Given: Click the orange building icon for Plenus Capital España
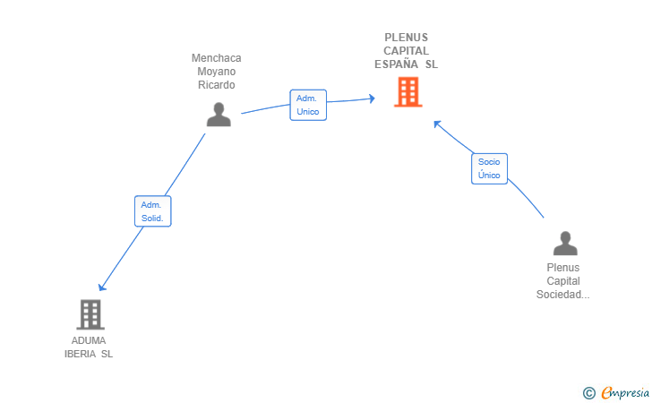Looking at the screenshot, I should pos(407,91).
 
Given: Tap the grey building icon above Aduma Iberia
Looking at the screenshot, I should pos(90,313).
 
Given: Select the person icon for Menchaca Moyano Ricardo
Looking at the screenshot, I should pos(218,114).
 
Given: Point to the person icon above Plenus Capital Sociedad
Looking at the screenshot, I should pos(564,244).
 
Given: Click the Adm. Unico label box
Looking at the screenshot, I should pos(308,105).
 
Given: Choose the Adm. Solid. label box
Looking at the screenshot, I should pos(152,211).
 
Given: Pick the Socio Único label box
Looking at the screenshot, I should pos(489,168).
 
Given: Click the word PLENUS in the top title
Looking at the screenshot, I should pos(407,38).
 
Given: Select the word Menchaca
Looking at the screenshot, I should pos(216,58).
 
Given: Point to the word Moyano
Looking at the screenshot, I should pos(216,72).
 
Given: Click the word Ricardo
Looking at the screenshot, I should pos(216,85).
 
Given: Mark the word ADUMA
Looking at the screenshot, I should pos(89,340).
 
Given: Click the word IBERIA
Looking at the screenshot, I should pos(80,354).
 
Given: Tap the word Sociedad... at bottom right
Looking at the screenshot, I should pos(562,295).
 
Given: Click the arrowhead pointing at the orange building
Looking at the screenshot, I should pos(371,98).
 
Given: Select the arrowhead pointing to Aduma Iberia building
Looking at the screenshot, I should pos(102,287).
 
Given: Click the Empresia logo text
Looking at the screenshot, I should pos(625,392).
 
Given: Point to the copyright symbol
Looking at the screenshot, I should pos(588,392).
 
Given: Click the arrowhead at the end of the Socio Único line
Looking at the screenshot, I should pos(437,124).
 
